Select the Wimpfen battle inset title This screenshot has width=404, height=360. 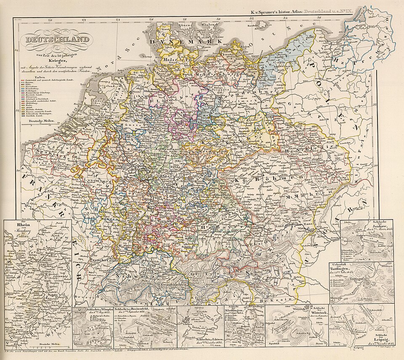click(x=90, y=310)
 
